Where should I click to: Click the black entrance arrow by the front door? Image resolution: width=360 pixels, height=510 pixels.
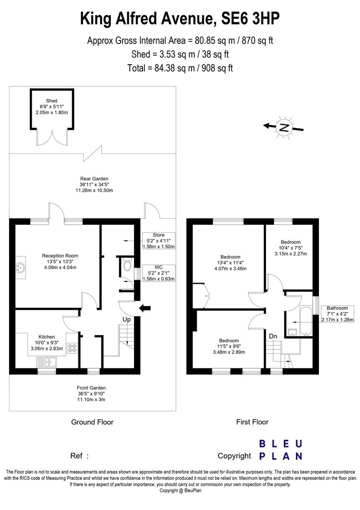[x=145, y=308]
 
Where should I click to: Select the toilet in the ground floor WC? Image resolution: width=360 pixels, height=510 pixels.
[x=126, y=266]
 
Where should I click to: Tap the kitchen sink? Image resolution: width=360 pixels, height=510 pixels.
[x=47, y=362]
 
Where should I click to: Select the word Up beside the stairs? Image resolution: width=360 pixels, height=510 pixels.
[x=126, y=320]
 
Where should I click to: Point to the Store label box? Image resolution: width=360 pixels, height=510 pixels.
[x=158, y=241]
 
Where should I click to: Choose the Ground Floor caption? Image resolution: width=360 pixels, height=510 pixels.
[x=92, y=422]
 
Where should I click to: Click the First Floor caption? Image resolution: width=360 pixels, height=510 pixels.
[x=252, y=422]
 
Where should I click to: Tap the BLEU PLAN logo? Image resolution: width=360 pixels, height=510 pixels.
[x=281, y=450]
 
